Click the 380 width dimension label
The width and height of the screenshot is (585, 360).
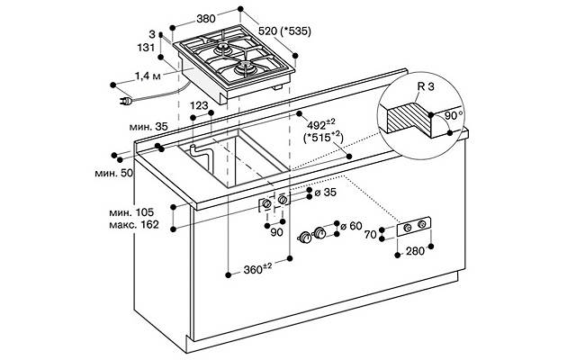(206, 18)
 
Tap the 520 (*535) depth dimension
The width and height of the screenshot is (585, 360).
(284, 31)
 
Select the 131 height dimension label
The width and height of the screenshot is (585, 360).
(146, 48)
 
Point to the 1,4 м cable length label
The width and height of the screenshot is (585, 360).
(148, 76)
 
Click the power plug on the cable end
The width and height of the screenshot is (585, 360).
(126, 101)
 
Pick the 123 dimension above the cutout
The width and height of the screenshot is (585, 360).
(199, 105)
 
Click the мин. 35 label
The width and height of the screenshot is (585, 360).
(148, 127)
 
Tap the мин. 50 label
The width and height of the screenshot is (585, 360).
(114, 173)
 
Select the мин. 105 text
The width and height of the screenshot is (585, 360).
(131, 212)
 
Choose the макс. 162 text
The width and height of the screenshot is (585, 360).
(134, 225)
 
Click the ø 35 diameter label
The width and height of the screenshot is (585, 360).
(325, 192)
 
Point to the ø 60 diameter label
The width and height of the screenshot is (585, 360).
(351, 226)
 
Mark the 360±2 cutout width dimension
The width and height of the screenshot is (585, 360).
(257, 268)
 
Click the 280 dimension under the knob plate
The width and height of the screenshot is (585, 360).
(415, 251)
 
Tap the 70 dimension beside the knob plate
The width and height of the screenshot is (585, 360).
(370, 235)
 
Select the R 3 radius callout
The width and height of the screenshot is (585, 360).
(426, 86)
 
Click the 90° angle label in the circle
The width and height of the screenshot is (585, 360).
(453, 115)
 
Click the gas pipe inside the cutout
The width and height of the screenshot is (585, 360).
(201, 154)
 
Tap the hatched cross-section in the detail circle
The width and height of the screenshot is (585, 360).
(408, 118)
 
